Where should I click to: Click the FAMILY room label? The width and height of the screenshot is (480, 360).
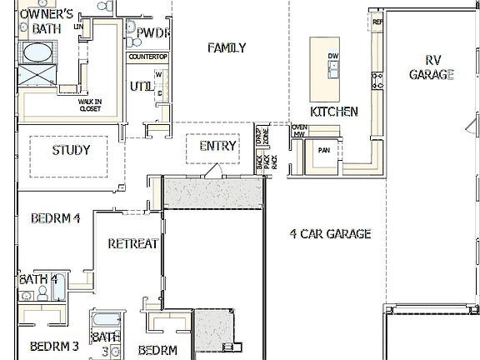click(x=227, y=47)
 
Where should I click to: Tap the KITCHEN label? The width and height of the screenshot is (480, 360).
click(x=334, y=112)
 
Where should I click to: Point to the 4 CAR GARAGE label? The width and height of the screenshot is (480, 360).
click(x=330, y=234)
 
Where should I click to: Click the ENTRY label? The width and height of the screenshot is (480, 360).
click(x=218, y=146)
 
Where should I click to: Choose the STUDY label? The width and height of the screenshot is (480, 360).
click(x=71, y=151)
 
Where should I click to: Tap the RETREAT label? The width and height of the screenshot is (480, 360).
click(x=133, y=243)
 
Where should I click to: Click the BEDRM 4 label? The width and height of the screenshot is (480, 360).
click(x=55, y=219)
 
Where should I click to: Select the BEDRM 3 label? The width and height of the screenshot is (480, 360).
click(x=54, y=346)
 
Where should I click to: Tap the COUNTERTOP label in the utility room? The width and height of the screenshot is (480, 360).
click(x=148, y=57)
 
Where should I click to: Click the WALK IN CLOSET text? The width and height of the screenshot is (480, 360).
click(x=90, y=105)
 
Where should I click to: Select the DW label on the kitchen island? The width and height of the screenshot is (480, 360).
click(x=333, y=57)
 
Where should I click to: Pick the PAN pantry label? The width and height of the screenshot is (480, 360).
click(x=325, y=152)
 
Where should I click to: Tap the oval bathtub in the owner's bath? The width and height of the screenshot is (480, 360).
click(x=35, y=54)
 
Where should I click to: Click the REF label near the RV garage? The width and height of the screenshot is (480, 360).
click(x=377, y=22)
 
